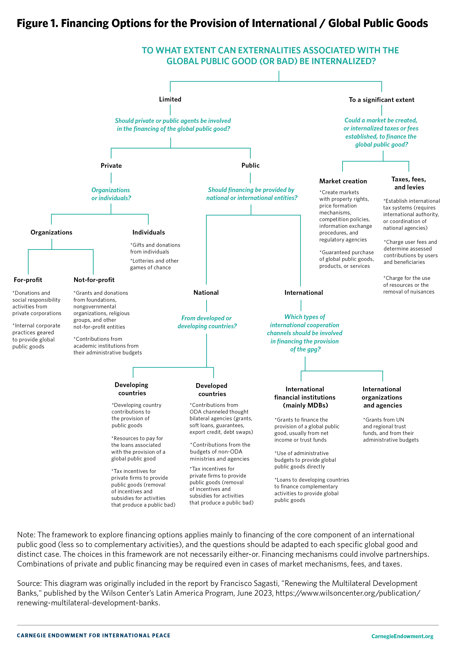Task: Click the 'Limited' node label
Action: tap(170, 99)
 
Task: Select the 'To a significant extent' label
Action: tap(381, 100)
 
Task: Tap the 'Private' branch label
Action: tap(111, 166)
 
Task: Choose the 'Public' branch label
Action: tap(250, 165)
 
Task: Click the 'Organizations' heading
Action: tap(51, 232)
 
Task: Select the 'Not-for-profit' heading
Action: tap(94, 280)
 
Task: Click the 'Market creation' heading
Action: tap(343, 181)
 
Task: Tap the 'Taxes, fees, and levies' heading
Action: tap(409, 183)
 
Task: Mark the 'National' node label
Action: tap(206, 293)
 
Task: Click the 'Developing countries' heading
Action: tap(132, 389)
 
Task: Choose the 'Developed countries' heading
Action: tap(212, 390)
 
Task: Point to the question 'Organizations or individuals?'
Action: tap(111, 194)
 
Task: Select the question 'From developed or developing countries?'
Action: tap(207, 322)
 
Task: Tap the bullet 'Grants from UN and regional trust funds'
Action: tap(390, 430)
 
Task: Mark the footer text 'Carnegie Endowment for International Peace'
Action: tap(93, 636)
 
